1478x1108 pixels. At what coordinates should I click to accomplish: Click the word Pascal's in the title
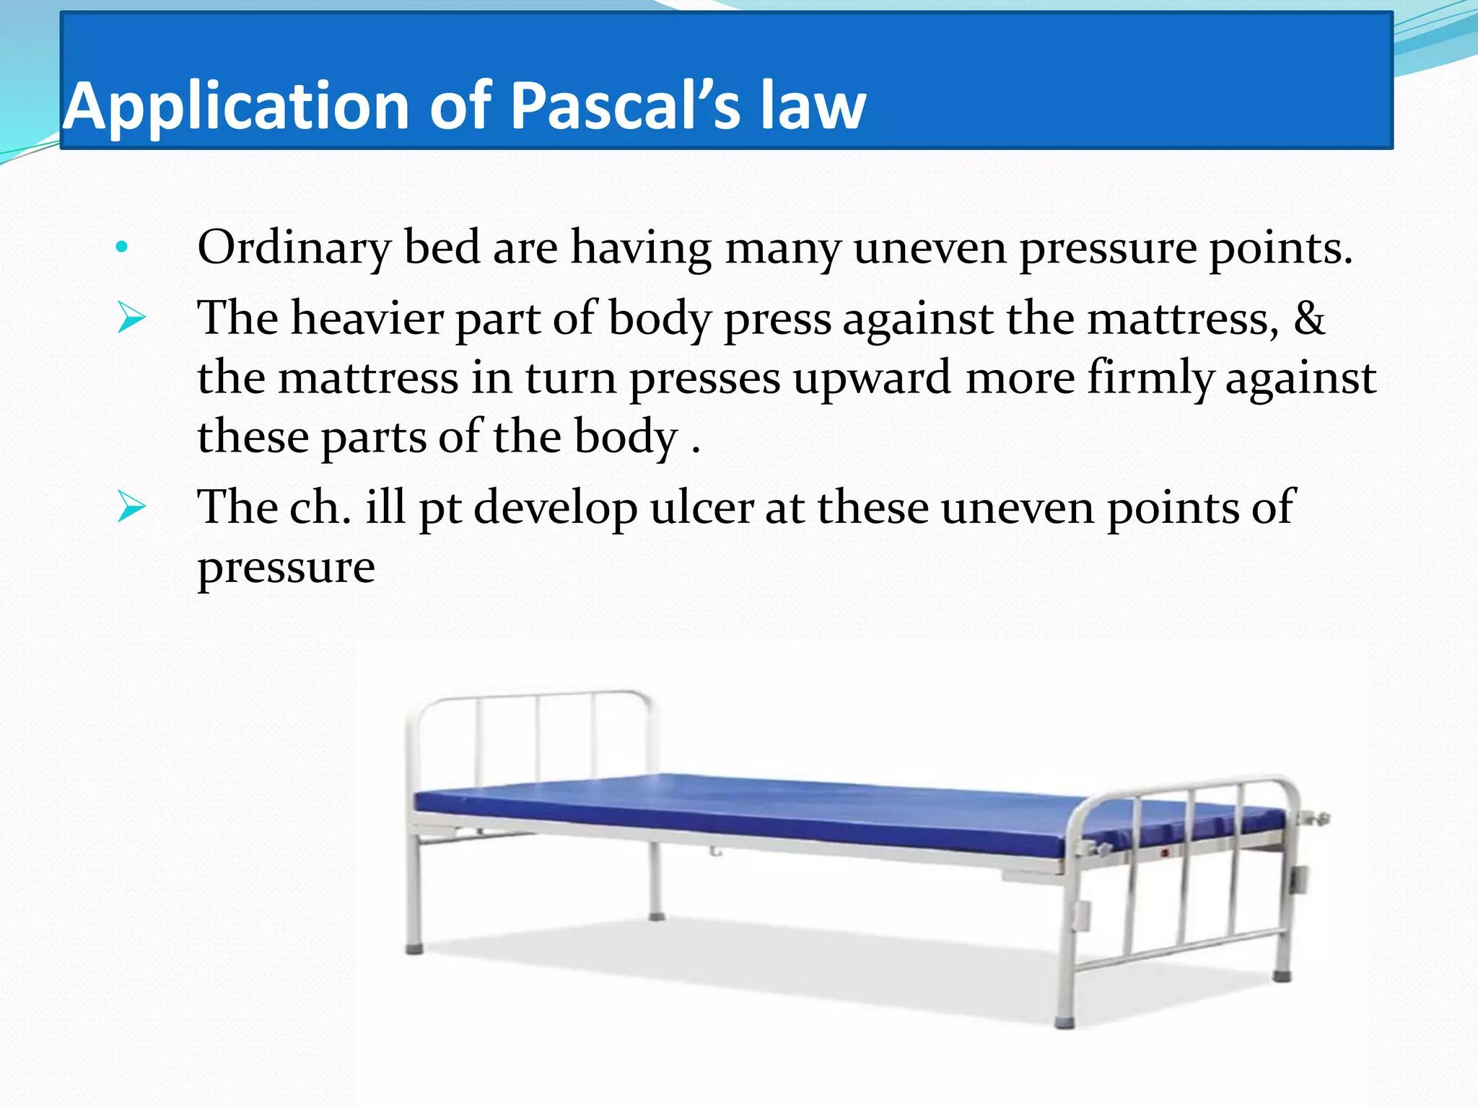tap(625, 107)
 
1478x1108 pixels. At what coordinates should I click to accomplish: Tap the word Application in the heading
tap(238, 107)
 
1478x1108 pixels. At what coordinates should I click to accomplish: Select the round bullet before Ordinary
tap(121, 247)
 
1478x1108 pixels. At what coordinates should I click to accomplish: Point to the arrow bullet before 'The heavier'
tap(131, 318)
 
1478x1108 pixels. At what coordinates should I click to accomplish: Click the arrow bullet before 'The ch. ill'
tap(131, 507)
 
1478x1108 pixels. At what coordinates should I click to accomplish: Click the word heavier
tap(367, 318)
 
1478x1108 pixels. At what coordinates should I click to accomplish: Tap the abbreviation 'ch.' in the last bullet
tap(320, 507)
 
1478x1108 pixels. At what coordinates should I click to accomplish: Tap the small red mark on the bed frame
tap(1165, 853)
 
